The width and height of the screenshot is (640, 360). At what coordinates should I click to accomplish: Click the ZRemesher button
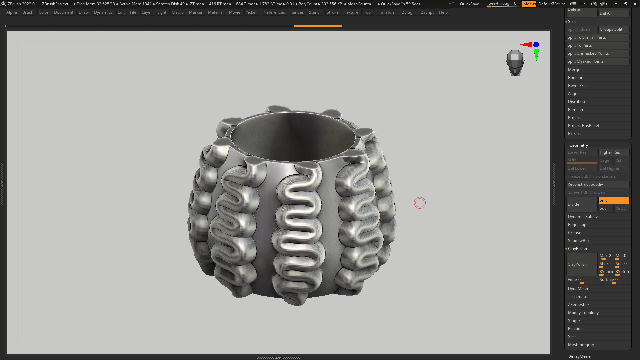click(578, 305)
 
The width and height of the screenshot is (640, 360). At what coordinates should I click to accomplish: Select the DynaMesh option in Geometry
click(578, 289)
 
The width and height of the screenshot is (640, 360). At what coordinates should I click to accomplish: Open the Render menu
click(297, 12)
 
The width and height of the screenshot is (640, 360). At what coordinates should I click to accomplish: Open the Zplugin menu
click(408, 12)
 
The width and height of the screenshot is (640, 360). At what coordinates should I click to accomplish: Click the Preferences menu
click(273, 12)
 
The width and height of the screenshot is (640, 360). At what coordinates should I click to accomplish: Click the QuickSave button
click(469, 4)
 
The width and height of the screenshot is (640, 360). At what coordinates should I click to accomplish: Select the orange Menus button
click(529, 4)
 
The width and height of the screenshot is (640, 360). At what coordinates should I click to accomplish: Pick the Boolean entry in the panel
click(575, 78)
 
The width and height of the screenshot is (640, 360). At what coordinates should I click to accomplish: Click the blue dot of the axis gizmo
click(536, 45)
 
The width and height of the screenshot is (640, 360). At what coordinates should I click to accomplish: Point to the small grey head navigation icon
click(515, 63)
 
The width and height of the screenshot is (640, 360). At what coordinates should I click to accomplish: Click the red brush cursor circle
click(420, 203)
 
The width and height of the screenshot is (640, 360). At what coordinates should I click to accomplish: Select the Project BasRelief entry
click(583, 126)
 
